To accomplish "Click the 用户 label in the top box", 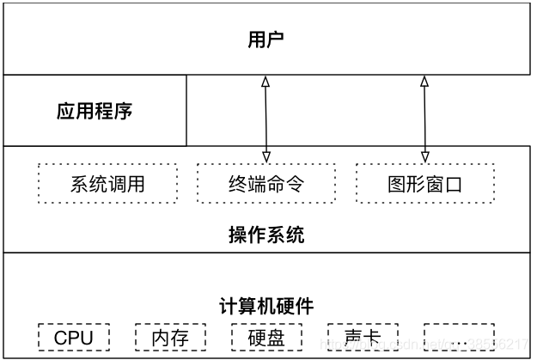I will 265,39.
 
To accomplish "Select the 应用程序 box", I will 95,111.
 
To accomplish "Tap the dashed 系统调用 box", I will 107,184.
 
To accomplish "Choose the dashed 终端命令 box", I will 266,184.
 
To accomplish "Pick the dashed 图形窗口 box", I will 425,184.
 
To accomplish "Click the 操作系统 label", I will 265,235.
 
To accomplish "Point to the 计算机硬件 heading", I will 265,306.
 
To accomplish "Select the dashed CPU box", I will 73,338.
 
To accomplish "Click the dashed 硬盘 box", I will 266,338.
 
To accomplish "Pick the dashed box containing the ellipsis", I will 459,338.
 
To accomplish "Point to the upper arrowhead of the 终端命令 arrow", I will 266,81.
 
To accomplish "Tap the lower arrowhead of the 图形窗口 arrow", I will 424,156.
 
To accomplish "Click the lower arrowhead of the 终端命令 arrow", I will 266,156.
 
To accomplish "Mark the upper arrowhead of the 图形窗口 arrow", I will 424,81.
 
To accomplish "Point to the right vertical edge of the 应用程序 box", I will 186,111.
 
